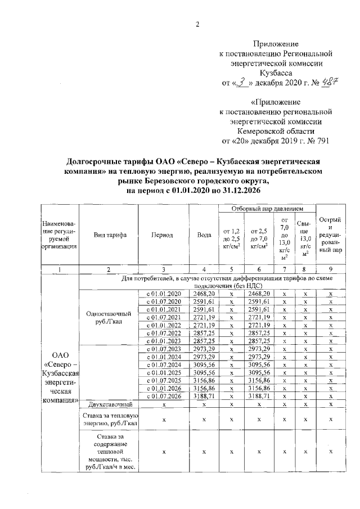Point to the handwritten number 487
pos(320,83)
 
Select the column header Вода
pos(204,235)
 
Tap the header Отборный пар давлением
pos(264,209)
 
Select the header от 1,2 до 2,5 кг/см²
pos(232,238)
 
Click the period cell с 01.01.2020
pos(164,294)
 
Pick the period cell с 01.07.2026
pos(164,396)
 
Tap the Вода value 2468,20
pos(204,294)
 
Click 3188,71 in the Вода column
pos(204,396)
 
